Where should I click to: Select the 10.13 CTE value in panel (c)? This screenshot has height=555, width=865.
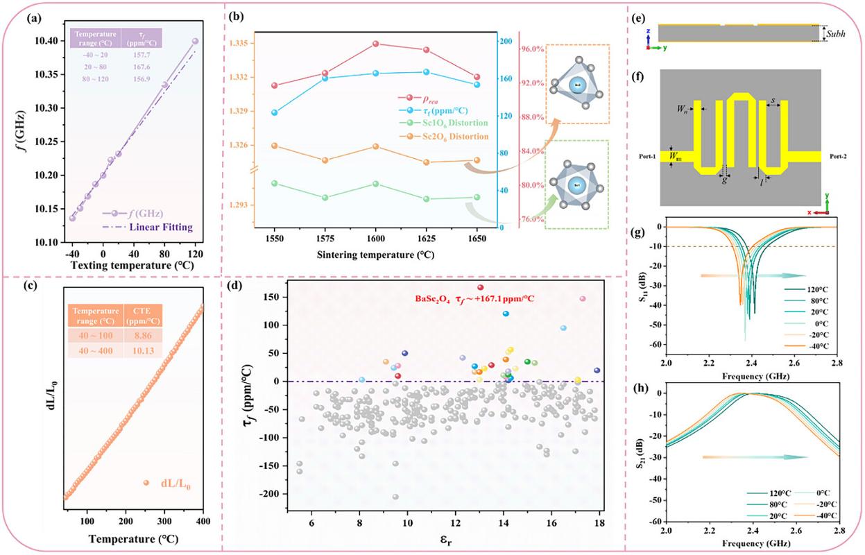tap(142, 350)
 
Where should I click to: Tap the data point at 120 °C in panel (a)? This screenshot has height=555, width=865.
tap(195, 42)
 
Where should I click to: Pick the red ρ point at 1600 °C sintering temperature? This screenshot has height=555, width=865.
tap(375, 44)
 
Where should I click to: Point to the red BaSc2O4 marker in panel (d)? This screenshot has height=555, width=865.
tap(480, 287)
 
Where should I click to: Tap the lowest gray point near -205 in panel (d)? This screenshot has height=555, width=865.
tap(395, 497)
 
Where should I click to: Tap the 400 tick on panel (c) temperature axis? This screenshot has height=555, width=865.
tap(203, 521)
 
